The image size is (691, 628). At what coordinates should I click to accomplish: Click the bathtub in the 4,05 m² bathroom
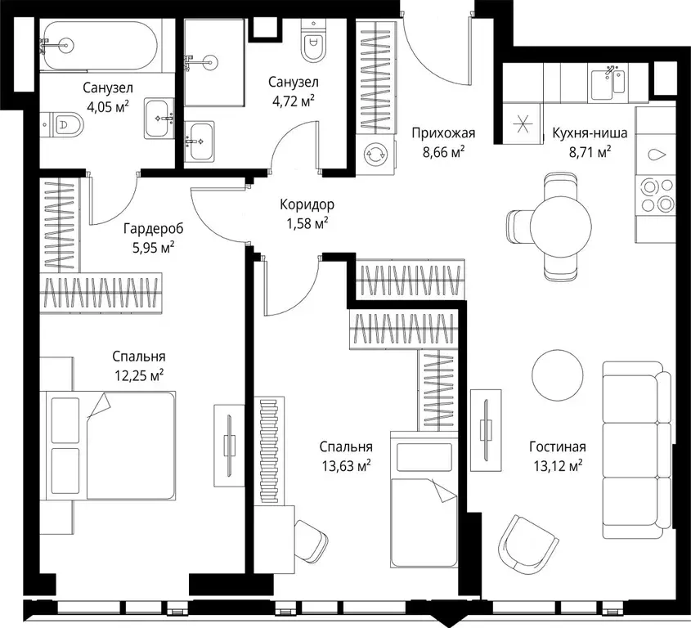[x=101, y=46]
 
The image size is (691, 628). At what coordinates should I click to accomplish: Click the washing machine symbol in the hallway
[x=375, y=154]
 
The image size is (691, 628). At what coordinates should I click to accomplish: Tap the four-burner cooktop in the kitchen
[x=654, y=195]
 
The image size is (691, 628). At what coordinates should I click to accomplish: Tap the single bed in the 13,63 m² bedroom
[x=424, y=500]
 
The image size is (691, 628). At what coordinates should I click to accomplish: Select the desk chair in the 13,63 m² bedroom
[x=311, y=541]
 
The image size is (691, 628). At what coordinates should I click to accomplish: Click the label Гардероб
[x=154, y=229]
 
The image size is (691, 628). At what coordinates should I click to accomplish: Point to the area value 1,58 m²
[x=307, y=224]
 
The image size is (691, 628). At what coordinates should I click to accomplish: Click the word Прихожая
[x=443, y=132]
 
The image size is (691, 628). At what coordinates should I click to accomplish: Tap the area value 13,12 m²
[x=558, y=465]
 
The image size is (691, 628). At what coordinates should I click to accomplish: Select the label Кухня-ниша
[x=590, y=132]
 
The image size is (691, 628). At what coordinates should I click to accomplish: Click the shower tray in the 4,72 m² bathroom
[x=214, y=62]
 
